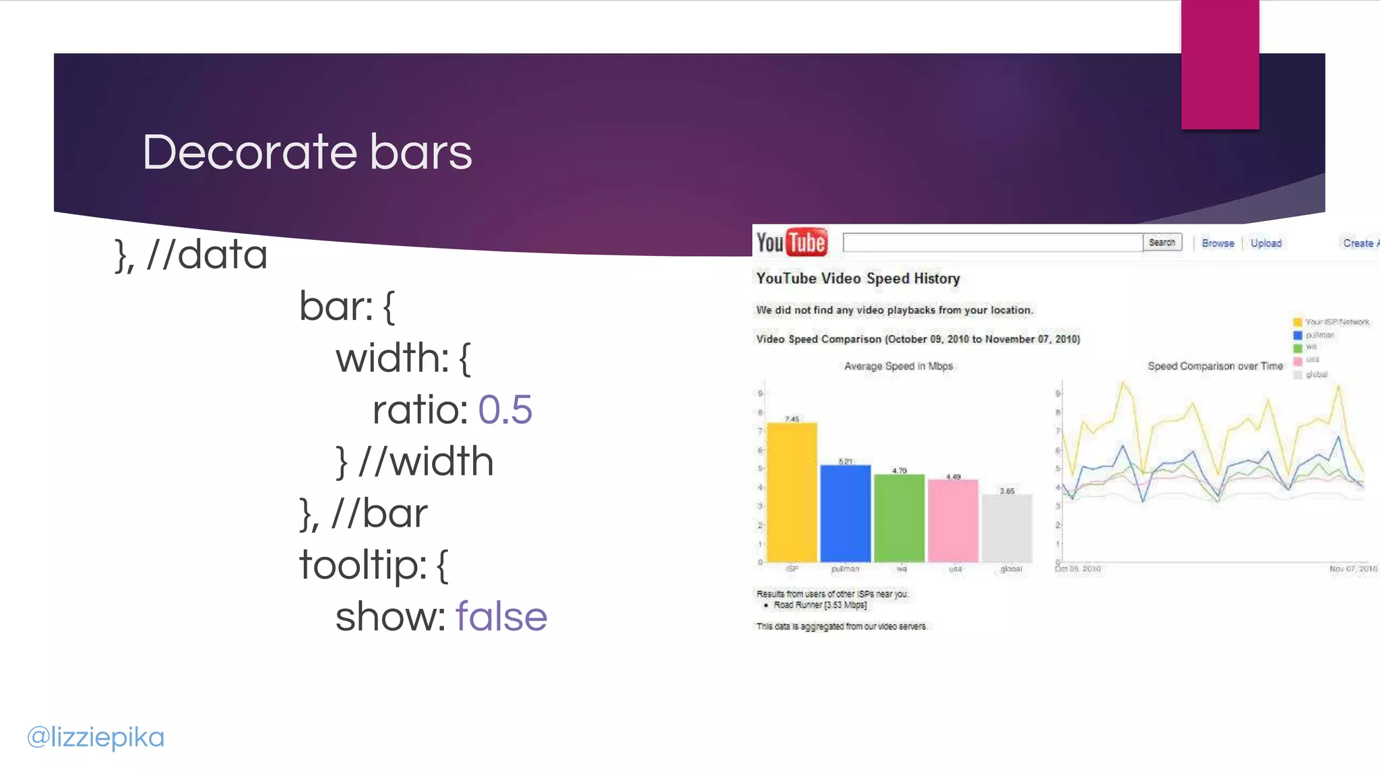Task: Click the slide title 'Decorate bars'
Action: pos(307,152)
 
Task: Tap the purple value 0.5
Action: pos(505,410)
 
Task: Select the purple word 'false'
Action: pos(501,617)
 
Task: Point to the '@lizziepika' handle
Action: pos(96,737)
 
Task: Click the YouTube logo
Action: pos(791,243)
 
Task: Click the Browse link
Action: pos(1218,243)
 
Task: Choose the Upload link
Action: pos(1265,243)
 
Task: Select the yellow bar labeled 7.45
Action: pos(792,492)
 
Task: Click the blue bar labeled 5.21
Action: pos(846,513)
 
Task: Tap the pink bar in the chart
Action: pos(953,520)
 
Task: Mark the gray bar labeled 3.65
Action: pos(1007,528)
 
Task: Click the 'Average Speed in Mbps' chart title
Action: pos(898,366)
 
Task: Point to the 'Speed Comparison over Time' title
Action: pos(1215,366)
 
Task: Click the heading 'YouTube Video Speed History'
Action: pos(858,279)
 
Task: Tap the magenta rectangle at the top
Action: pos(1220,64)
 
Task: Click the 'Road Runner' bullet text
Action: pos(820,605)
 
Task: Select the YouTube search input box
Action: pos(993,243)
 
